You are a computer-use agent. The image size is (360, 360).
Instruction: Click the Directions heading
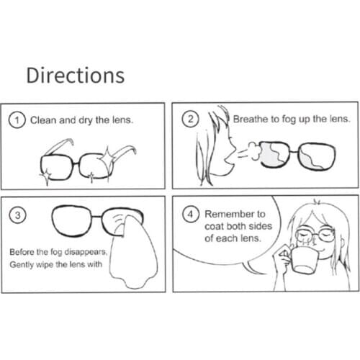[x=75, y=76]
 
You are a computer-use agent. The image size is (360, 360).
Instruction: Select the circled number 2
[x=190, y=120]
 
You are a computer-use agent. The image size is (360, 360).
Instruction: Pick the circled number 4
[x=190, y=215]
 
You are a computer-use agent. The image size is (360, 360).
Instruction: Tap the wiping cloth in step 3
[x=126, y=252]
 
